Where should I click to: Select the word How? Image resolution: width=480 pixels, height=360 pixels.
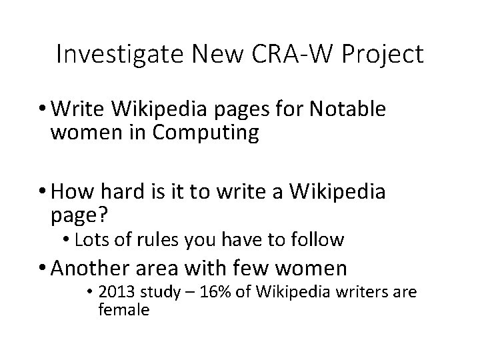click(x=71, y=194)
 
